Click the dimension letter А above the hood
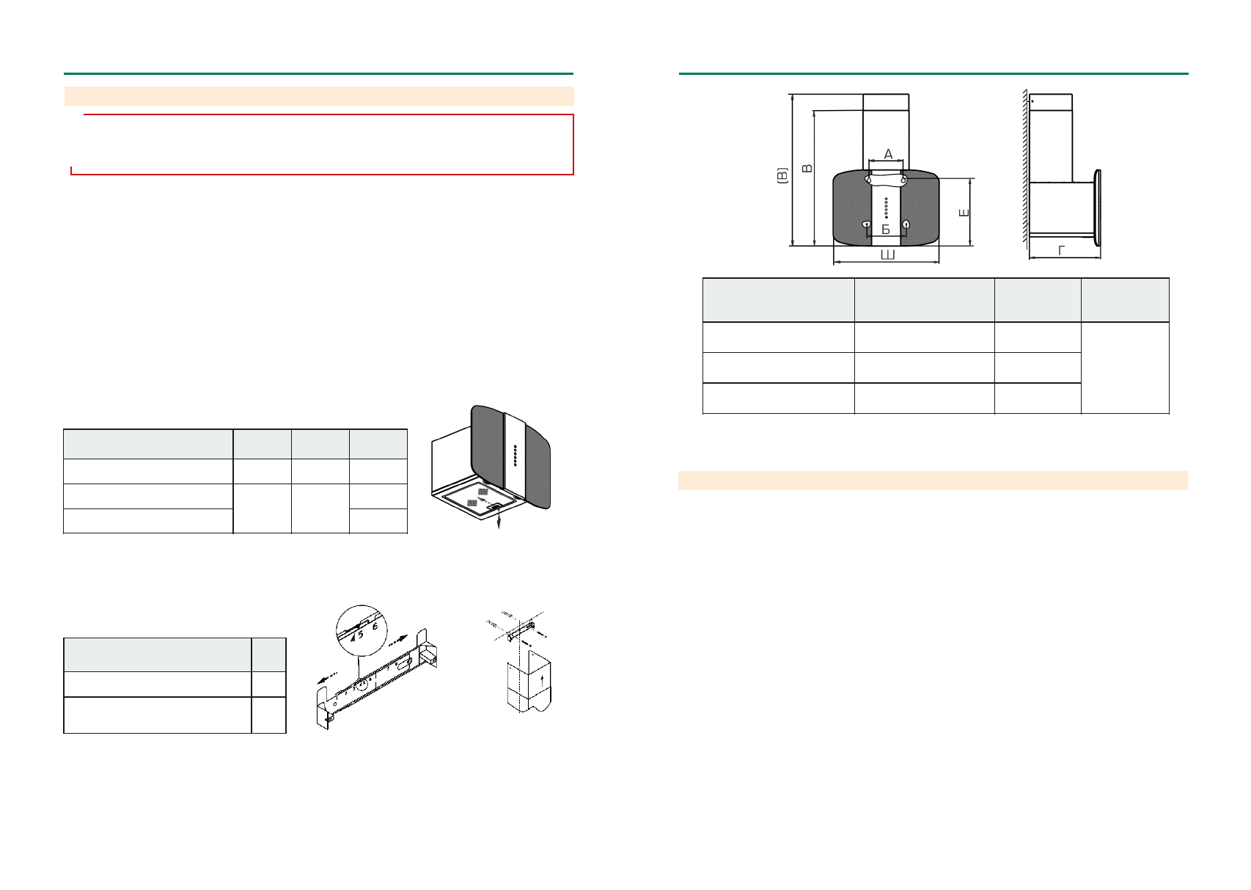888,154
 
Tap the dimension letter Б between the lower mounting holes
886,230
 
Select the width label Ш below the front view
887,255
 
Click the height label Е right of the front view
964,213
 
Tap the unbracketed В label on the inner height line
807,169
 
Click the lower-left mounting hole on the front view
867,224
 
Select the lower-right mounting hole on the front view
906,224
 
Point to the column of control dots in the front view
887,208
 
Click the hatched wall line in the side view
1023,169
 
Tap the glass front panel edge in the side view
1098,208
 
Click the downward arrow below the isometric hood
499,521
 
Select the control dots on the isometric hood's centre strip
515,455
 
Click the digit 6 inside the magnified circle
375,627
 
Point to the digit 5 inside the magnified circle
361,635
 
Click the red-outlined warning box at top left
322,144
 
